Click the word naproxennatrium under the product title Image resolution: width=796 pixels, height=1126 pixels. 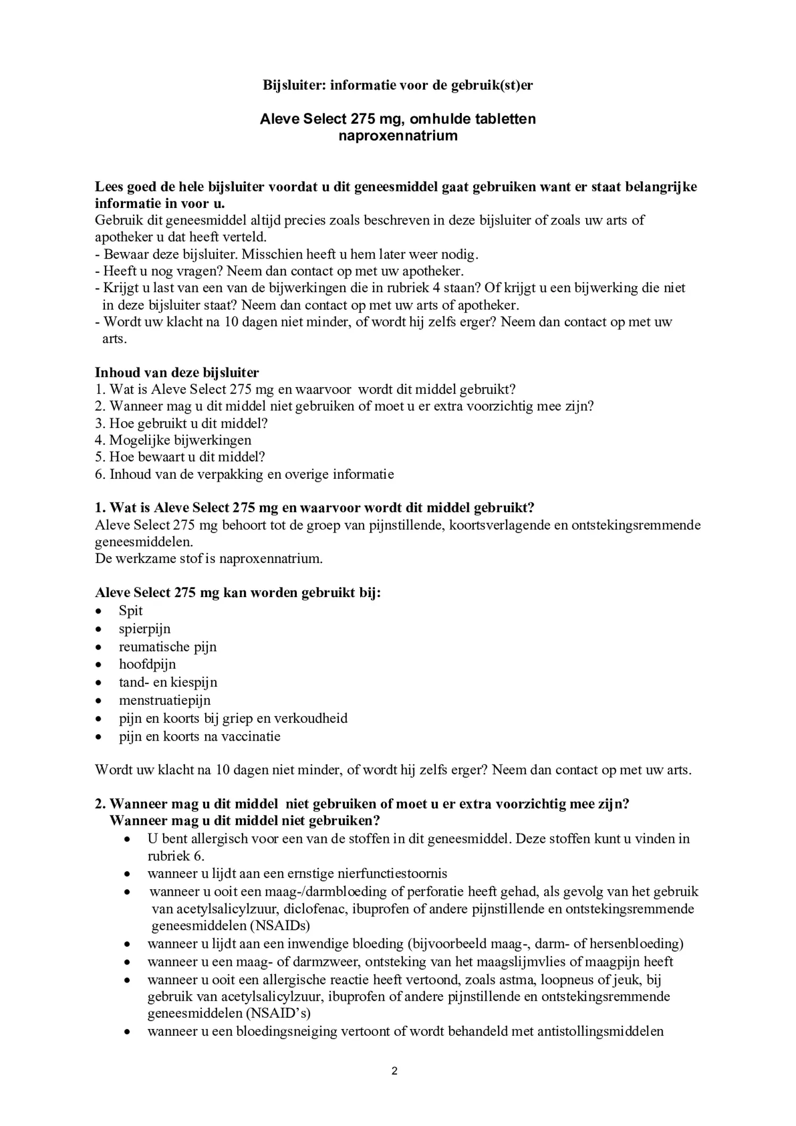(397, 135)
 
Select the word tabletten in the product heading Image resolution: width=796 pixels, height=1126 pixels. (505, 118)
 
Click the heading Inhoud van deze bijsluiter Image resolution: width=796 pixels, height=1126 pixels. (177, 372)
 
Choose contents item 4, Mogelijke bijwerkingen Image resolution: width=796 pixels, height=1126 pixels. (173, 440)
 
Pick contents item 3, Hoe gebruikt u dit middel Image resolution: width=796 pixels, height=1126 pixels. (181, 423)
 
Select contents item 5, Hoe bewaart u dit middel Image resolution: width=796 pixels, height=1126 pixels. (180, 457)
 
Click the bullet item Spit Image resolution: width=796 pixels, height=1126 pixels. (131, 610)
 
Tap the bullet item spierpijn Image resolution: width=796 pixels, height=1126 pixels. (144, 629)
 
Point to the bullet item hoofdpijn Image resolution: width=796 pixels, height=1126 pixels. (147, 664)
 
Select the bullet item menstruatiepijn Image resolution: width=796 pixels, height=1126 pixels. (165, 700)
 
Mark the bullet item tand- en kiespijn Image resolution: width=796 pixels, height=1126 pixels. (168, 682)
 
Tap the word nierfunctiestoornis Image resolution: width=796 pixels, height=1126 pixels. (388, 873)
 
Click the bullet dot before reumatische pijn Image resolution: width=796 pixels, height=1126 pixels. (98, 647)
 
